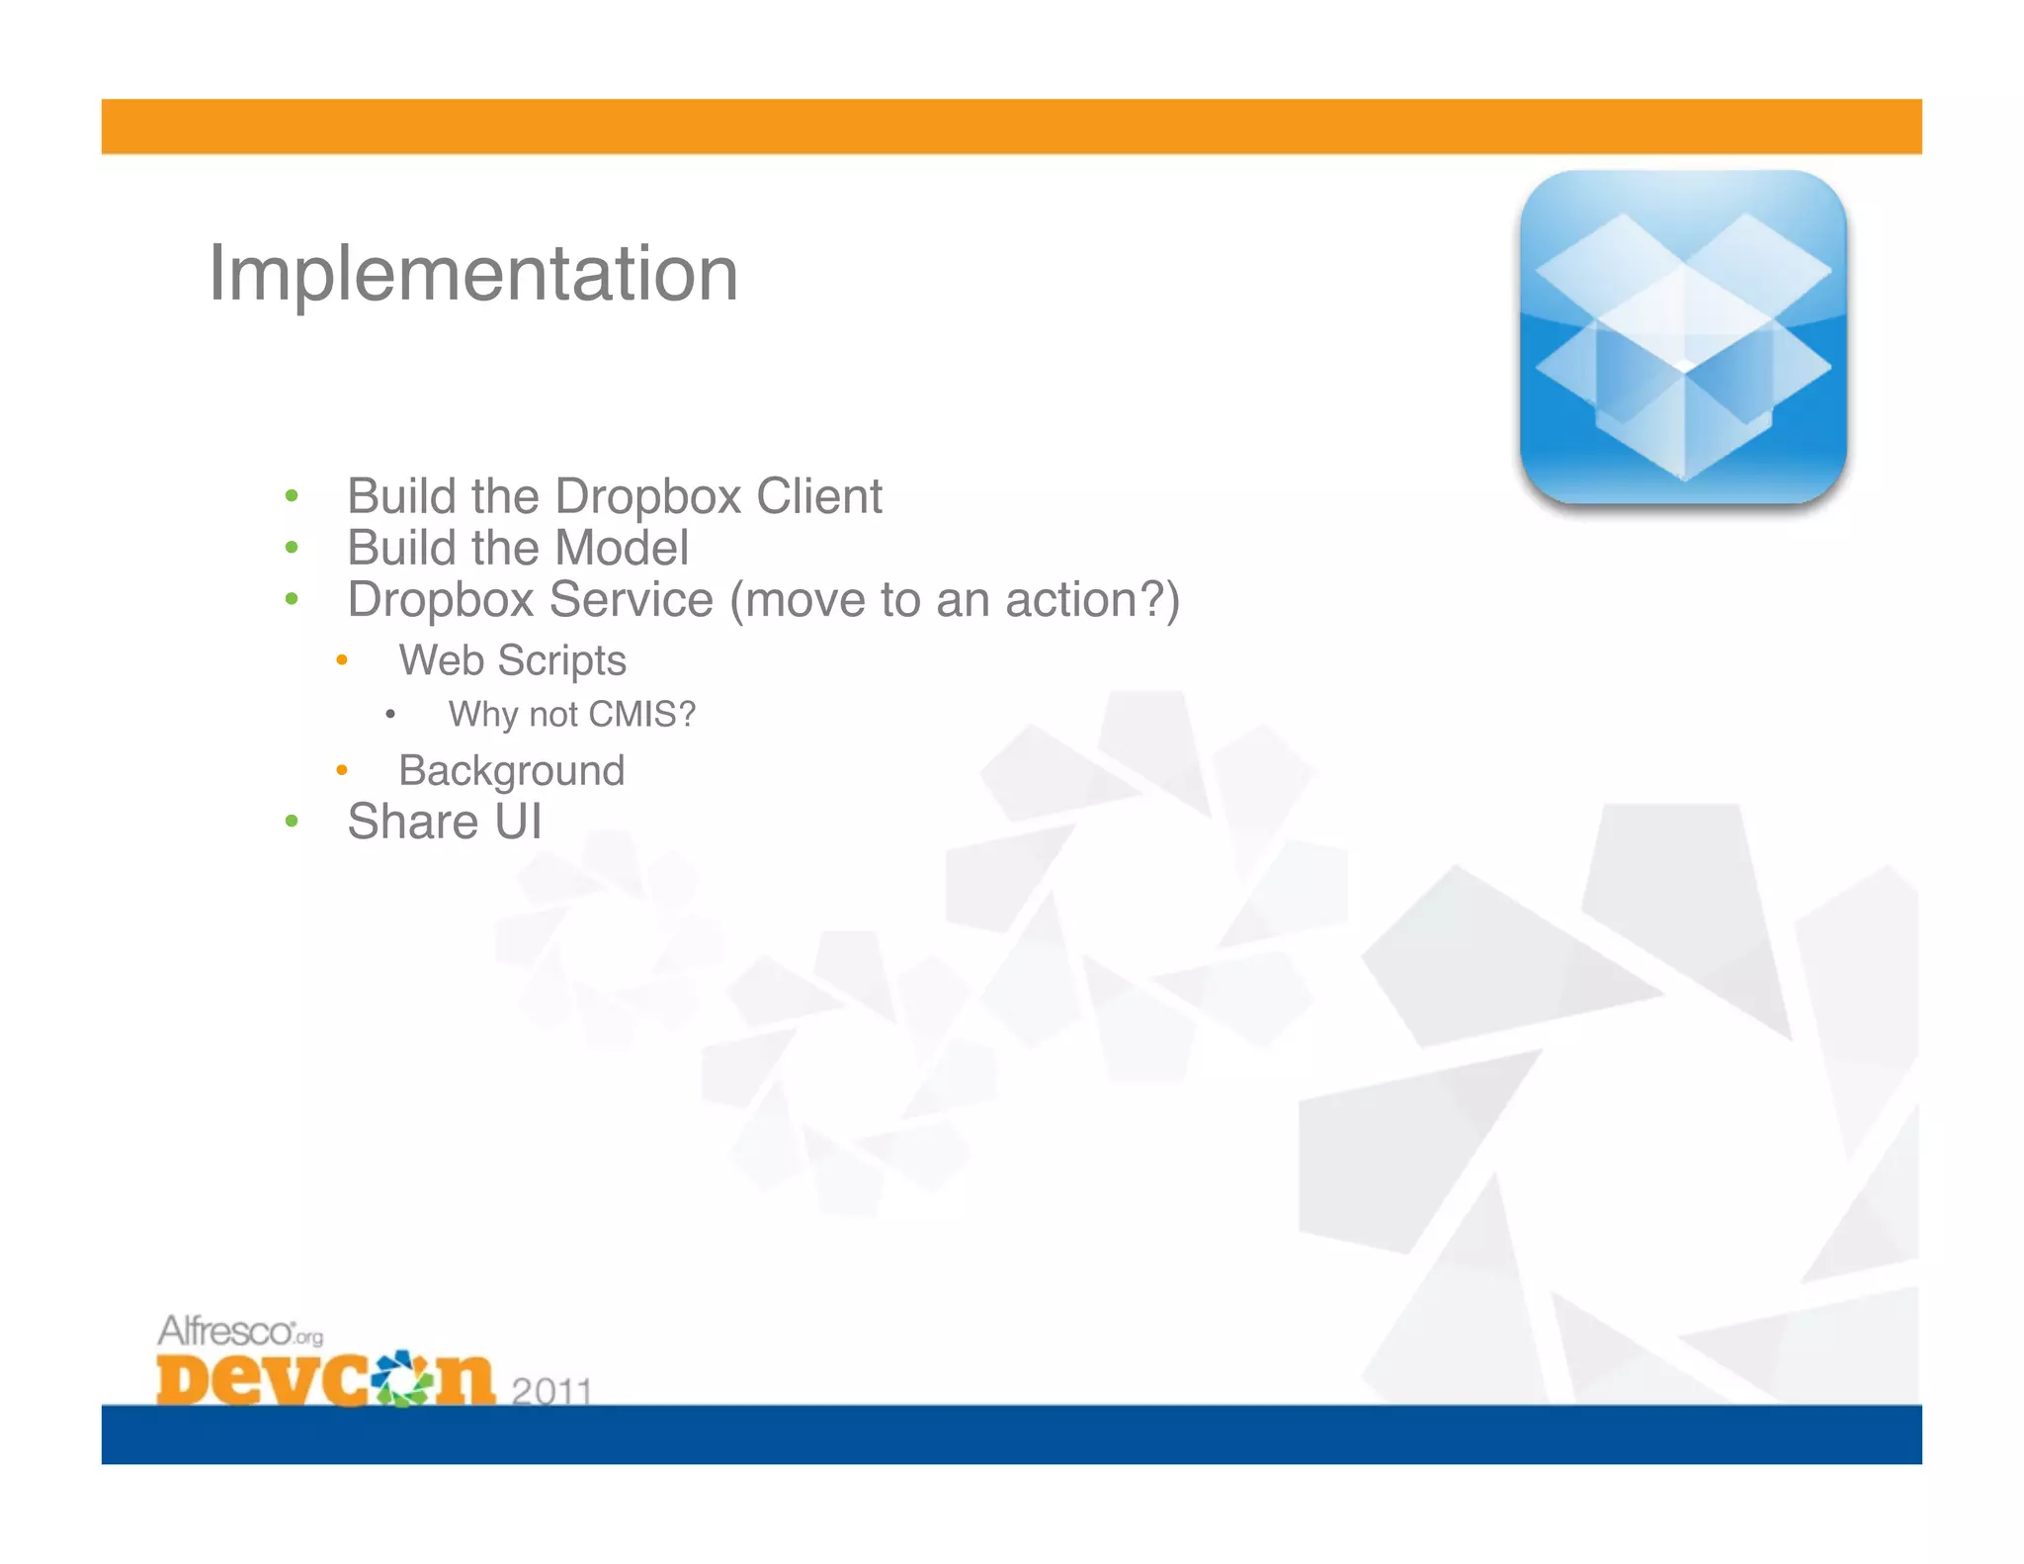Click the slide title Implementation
pos(472,274)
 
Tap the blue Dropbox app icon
pos(1683,338)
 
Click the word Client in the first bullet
pos(819,496)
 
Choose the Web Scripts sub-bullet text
pos(512,660)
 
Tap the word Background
pos(511,771)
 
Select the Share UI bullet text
pos(444,823)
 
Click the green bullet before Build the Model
pos(291,548)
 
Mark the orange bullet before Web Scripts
pos(341,660)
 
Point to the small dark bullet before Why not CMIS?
pos(390,714)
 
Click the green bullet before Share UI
pos(291,822)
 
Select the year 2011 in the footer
pos(551,1390)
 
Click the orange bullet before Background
pos(341,770)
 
